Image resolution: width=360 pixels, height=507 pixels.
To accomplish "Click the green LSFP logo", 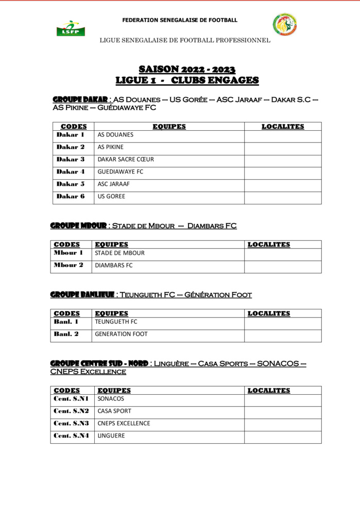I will pyautogui.click(x=67, y=29).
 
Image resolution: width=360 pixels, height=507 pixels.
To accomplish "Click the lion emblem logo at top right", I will pyautogui.click(x=284, y=24).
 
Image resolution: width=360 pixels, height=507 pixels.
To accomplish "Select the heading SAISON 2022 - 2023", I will pyautogui.click(x=187, y=69).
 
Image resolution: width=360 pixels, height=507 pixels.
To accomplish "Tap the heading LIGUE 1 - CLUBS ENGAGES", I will pyautogui.click(x=187, y=80).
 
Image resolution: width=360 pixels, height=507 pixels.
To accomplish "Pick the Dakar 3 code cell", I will pyautogui.click(x=71, y=160).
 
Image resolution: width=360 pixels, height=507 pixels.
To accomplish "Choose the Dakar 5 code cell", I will pyautogui.click(x=71, y=184).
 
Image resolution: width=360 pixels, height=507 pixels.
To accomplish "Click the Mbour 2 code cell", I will pyautogui.click(x=68, y=266).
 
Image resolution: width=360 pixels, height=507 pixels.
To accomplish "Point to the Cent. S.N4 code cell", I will pyautogui.click(x=71, y=436).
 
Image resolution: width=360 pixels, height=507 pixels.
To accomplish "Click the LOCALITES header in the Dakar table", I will pyautogui.click(x=283, y=127).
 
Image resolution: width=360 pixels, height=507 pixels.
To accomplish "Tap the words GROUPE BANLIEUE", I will pyautogui.click(x=82, y=295).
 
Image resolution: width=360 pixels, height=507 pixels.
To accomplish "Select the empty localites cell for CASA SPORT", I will pyautogui.click(x=282, y=411).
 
